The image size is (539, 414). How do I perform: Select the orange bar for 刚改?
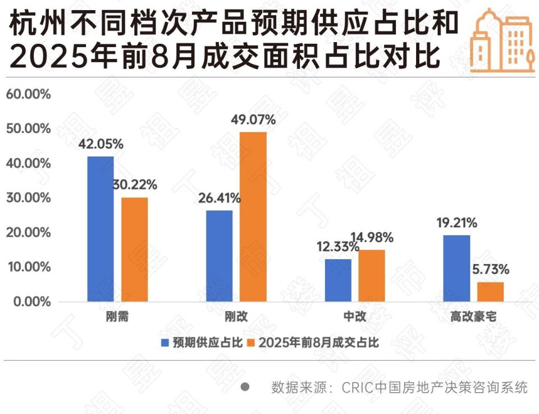coord(253,217)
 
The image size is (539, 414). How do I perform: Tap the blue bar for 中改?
coord(338,280)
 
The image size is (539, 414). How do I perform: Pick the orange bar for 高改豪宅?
coord(490,292)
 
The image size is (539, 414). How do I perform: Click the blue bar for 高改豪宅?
coord(456,268)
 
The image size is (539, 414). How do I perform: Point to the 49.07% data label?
coord(253,119)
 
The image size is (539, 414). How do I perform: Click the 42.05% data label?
coord(101,144)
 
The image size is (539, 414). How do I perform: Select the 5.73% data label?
coord(490,269)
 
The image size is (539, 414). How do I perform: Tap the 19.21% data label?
coord(456,223)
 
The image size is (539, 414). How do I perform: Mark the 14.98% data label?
coord(372,237)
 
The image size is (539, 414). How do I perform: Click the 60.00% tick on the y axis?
coord(28,94)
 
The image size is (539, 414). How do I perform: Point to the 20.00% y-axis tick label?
coord(28,233)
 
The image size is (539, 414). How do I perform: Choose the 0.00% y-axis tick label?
coord(31,302)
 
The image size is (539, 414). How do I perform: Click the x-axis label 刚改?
coord(236,317)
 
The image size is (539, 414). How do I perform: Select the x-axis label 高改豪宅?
coord(473,317)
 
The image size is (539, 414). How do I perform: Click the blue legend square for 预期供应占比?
coord(165,342)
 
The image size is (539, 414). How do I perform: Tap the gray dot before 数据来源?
coord(245,387)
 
